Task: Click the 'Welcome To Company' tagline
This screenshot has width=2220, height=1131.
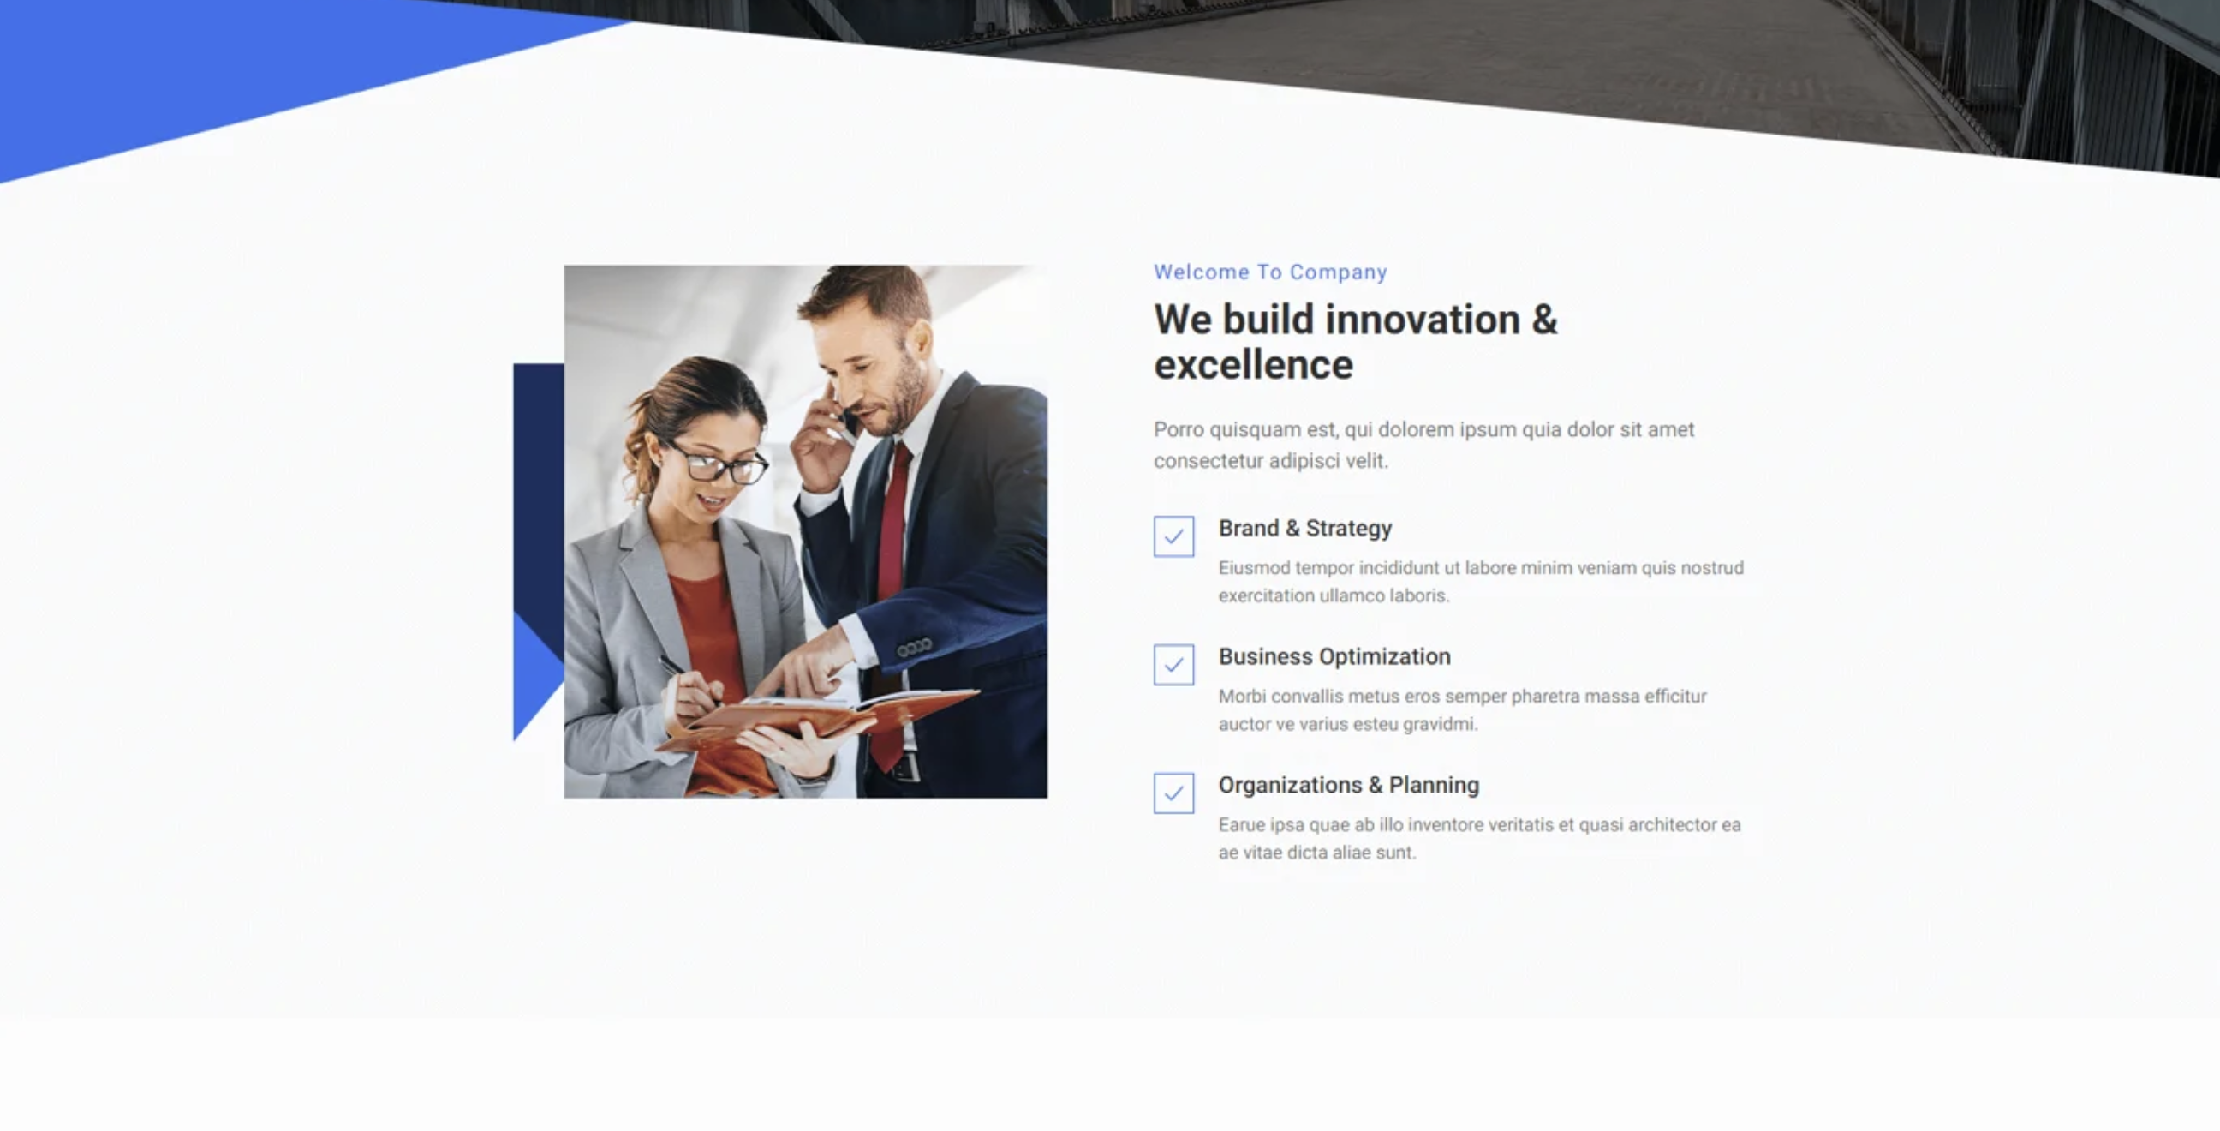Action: pos(1270,272)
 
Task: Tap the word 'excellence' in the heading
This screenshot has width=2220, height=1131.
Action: pos(1253,366)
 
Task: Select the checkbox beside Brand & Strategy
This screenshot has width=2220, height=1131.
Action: pos(1173,536)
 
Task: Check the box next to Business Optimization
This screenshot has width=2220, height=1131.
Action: pos(1173,665)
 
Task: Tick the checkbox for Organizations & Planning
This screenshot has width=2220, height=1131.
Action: pos(1173,793)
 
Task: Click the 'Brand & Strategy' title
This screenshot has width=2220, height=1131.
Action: pos(1304,529)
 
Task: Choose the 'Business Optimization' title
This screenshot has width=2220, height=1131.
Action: pos(1334,657)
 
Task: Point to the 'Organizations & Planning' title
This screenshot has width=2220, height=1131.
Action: pos(1349,786)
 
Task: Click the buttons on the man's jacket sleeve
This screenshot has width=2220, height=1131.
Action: pos(915,647)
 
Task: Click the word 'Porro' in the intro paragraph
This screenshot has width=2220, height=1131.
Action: pos(1179,430)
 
